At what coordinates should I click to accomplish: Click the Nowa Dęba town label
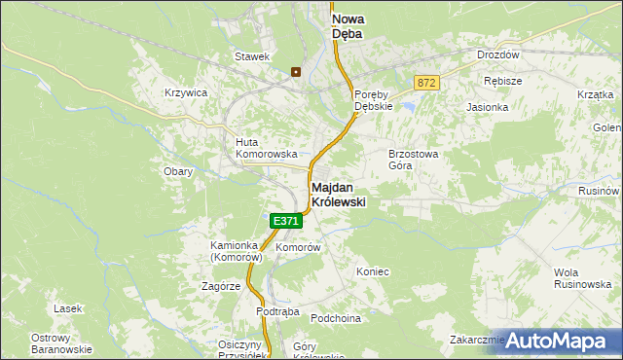point(348,25)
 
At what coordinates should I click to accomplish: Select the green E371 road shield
point(286,222)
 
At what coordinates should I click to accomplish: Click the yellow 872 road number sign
point(426,84)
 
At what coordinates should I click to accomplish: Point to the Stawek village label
point(251,56)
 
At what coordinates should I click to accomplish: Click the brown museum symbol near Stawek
point(296,71)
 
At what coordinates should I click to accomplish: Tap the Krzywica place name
point(186,92)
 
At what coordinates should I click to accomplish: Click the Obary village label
point(178,171)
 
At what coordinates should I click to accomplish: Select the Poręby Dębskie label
point(373,100)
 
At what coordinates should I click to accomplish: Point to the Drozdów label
point(497,55)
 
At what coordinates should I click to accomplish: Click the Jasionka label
point(488,107)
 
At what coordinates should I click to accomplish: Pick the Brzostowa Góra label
point(415,159)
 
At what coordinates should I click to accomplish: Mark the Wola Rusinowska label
point(580,277)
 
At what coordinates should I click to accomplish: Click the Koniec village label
point(373,271)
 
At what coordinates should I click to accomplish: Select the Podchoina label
point(336,318)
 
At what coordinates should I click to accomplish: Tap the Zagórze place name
point(221,287)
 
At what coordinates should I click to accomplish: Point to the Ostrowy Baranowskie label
point(61,342)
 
